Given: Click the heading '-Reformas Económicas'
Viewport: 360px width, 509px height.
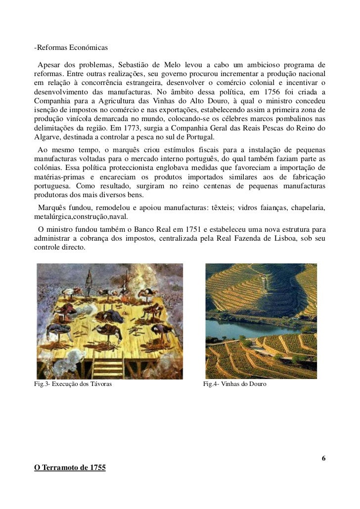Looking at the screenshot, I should [x=71, y=48].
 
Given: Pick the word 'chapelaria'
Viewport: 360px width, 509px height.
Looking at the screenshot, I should [x=306, y=208].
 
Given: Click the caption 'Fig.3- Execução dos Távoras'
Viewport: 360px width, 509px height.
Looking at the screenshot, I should [x=72, y=384].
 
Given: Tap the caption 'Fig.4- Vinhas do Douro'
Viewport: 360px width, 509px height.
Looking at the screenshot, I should [x=235, y=384].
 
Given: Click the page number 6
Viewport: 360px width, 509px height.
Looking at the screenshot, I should [x=323, y=458].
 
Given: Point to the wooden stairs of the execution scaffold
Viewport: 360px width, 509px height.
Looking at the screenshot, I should [x=108, y=368].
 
